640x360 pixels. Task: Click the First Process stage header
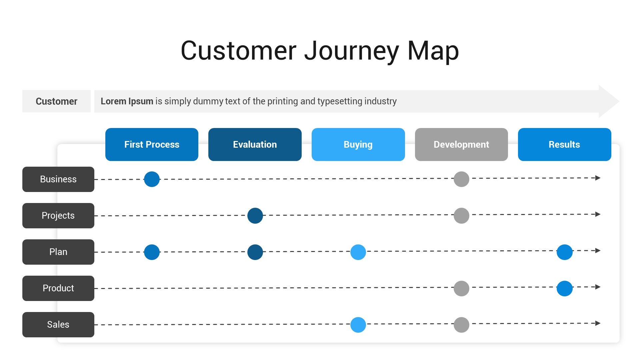[x=152, y=144]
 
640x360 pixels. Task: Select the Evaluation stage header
[x=255, y=144]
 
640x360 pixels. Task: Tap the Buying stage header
[x=358, y=144]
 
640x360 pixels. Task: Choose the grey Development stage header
[x=461, y=144]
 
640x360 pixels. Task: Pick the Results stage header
[x=564, y=144]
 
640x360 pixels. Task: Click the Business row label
[x=58, y=179]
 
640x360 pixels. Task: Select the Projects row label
[x=58, y=216]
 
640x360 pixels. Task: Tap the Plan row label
[x=58, y=252]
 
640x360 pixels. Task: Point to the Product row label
[x=58, y=288]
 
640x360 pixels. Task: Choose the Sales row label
[x=58, y=325]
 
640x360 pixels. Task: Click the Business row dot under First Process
[x=152, y=179]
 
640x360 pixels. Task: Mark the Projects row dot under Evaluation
[x=255, y=216]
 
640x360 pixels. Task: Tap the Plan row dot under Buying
[x=358, y=252]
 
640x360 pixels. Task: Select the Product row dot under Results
[x=564, y=288]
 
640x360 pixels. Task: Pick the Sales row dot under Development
[x=461, y=325]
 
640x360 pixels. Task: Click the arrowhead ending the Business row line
[x=598, y=178]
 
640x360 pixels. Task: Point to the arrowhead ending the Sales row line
[x=598, y=323]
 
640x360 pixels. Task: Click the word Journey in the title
[x=351, y=51]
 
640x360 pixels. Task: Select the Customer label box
[x=56, y=101]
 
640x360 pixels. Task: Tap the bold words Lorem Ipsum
[x=127, y=101]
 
